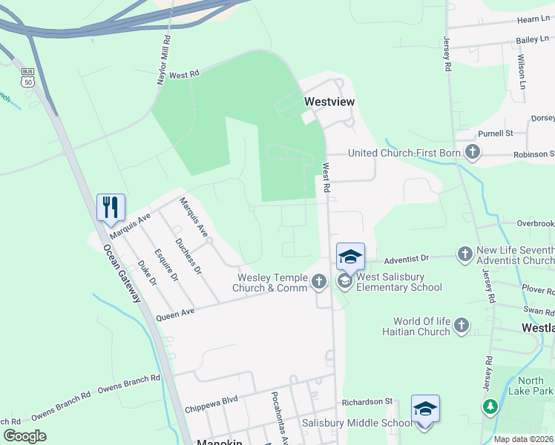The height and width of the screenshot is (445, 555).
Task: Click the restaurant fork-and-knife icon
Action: [x=111, y=207]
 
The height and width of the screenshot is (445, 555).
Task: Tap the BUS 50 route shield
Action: [x=27, y=77]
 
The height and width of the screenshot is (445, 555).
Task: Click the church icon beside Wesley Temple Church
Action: [x=319, y=281]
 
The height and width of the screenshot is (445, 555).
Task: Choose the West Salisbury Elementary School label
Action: [x=400, y=283]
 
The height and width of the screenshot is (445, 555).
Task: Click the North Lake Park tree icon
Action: [x=490, y=406]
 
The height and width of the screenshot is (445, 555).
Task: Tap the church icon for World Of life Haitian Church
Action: [x=461, y=326]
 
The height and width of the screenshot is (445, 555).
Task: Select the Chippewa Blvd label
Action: [x=211, y=400]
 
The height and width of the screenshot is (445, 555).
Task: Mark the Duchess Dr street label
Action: [x=188, y=256]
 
